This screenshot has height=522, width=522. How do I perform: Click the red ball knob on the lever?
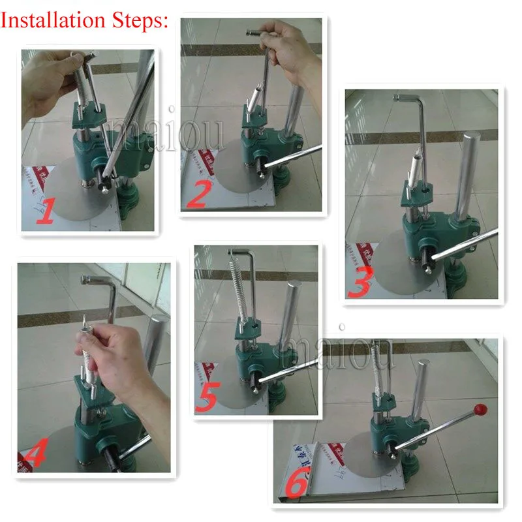pyautogui.click(x=481, y=410)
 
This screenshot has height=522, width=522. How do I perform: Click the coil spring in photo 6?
pyautogui.click(x=376, y=369)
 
